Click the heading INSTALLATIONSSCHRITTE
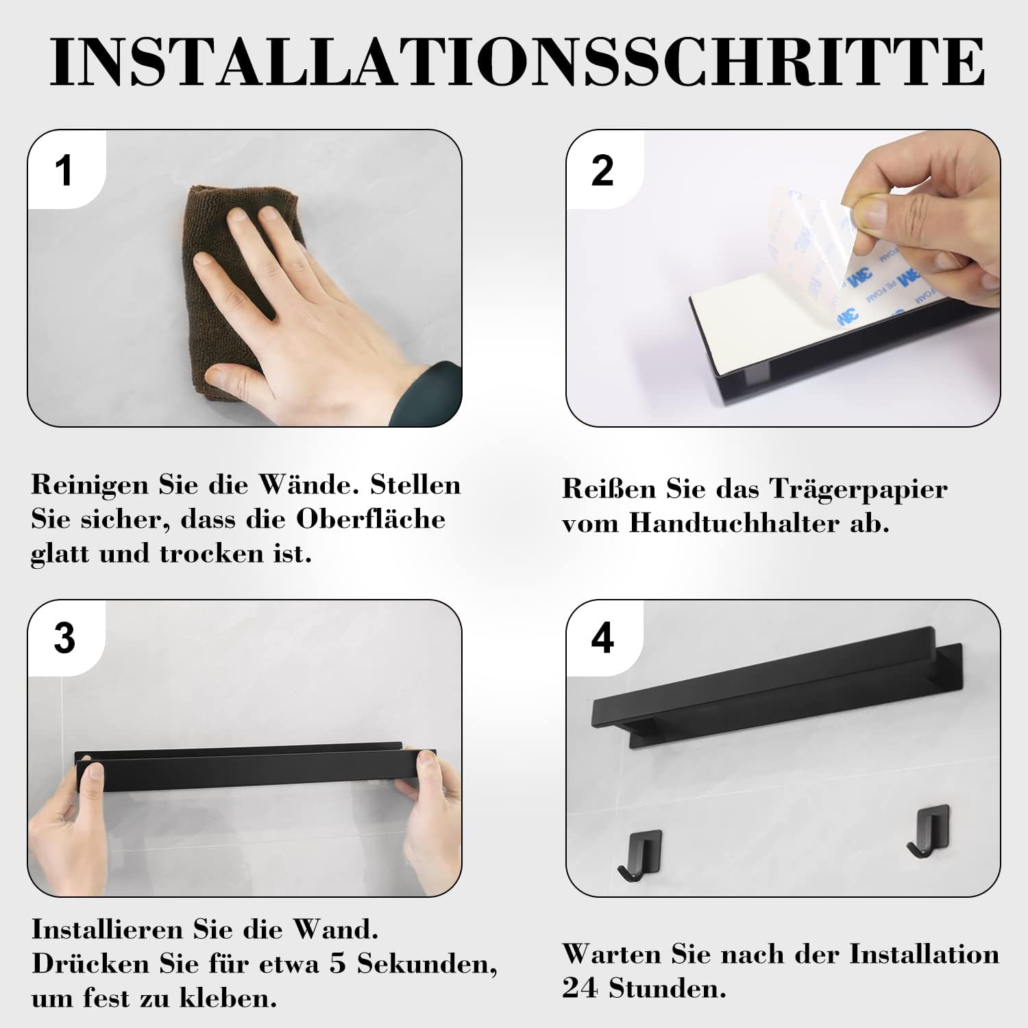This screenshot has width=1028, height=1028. coord(517,61)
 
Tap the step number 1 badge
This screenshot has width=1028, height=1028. coord(64,170)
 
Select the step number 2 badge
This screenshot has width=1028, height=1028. coord(602,170)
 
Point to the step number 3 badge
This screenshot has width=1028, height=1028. coord(64,638)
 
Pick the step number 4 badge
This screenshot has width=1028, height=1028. coord(602,638)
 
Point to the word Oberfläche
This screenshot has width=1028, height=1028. coord(371,519)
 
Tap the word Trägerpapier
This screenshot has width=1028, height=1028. coord(858,489)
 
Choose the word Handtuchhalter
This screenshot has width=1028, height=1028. coord(734,523)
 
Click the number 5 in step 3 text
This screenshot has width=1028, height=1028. coord(337,964)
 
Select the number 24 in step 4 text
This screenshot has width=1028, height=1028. coord(580,988)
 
